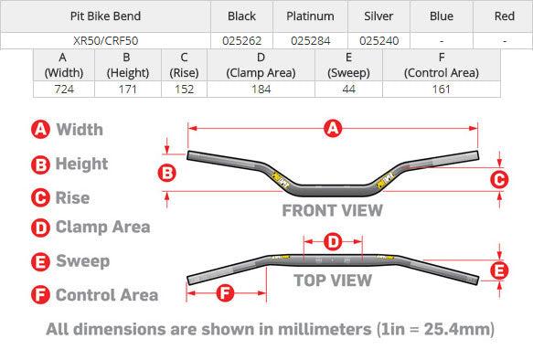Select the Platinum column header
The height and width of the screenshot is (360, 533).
click(x=310, y=16)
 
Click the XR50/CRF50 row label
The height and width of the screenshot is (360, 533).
click(x=106, y=40)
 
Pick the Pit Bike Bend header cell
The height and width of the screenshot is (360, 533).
click(x=106, y=16)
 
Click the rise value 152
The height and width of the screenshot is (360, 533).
click(x=184, y=90)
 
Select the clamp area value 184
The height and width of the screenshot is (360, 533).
click(x=261, y=90)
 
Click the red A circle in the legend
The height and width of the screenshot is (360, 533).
click(x=40, y=130)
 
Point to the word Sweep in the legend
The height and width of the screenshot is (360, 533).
click(x=82, y=261)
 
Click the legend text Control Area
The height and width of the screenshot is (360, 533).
click(x=106, y=294)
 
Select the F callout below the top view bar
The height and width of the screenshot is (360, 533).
click(x=226, y=293)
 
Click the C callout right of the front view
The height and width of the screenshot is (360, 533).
click(x=498, y=180)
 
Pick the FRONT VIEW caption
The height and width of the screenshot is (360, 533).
click(x=332, y=209)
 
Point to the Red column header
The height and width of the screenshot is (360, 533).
click(x=504, y=16)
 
